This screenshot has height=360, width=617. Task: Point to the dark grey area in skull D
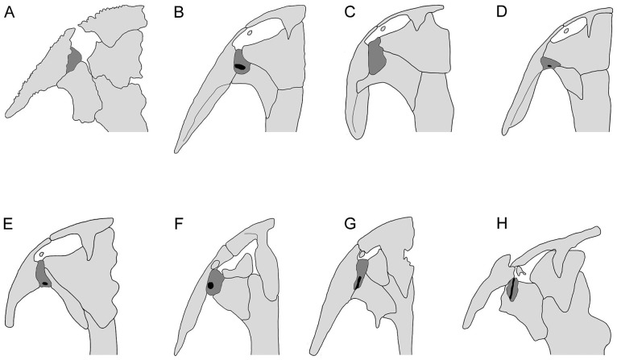(x=550, y=63)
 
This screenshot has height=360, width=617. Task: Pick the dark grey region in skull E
(x=42, y=275)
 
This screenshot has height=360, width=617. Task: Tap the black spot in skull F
(x=211, y=284)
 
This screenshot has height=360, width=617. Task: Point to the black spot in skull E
(x=45, y=283)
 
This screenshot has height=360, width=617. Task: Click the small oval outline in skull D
(x=568, y=31)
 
